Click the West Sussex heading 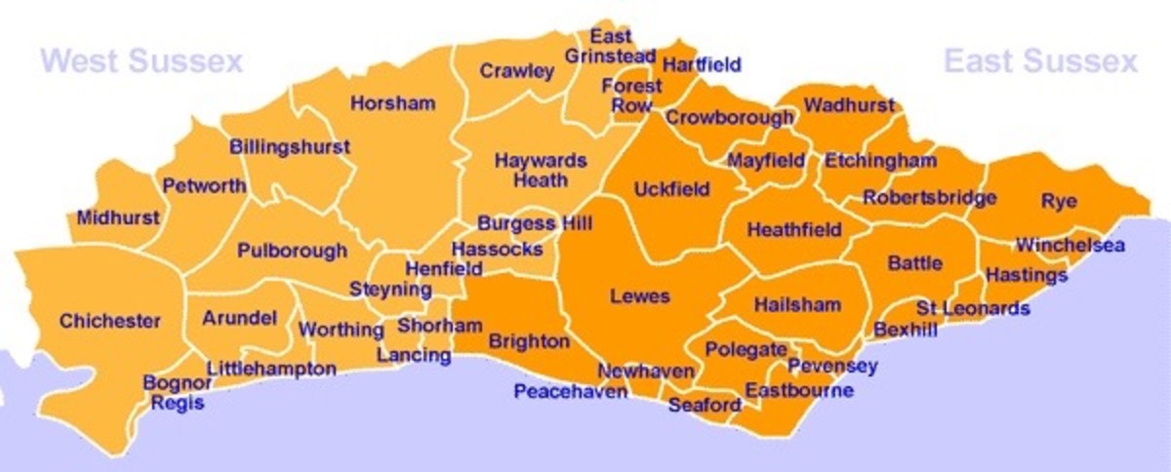[x=141, y=63]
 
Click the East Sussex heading [x=1040, y=63]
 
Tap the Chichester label [x=110, y=321]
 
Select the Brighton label [x=529, y=341]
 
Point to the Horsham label [x=392, y=103]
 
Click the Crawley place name [x=516, y=71]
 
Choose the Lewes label [x=639, y=295]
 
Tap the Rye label [x=1059, y=202]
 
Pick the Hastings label [x=1027, y=276]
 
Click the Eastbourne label [x=799, y=391]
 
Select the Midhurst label [x=117, y=217]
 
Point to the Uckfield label [x=671, y=189]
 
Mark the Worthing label [x=341, y=330]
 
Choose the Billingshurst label [x=289, y=147]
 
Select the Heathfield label [x=794, y=230]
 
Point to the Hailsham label [x=797, y=304]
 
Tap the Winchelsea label [x=1070, y=245]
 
